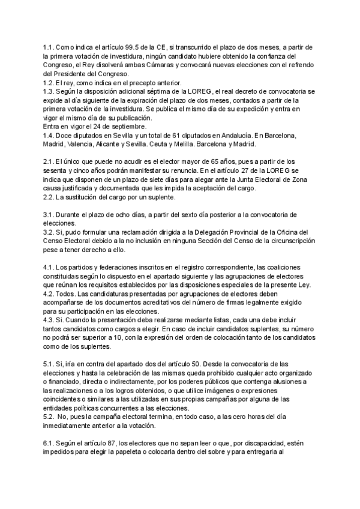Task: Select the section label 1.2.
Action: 49,82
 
